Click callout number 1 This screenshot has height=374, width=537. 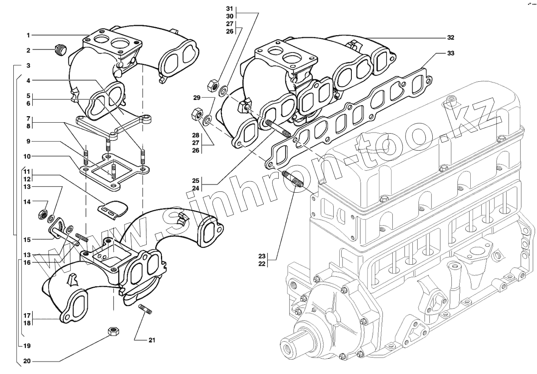click(x=28, y=36)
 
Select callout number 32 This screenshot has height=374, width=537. click(x=451, y=38)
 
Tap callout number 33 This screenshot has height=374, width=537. click(x=451, y=53)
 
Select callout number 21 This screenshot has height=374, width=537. click(x=151, y=340)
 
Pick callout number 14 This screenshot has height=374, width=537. click(x=28, y=201)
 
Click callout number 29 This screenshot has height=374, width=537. click(x=197, y=98)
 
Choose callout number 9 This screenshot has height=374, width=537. click(x=28, y=142)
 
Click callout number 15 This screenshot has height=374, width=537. click(x=27, y=240)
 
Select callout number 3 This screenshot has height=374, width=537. click(x=28, y=65)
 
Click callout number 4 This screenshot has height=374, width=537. click(x=28, y=81)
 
